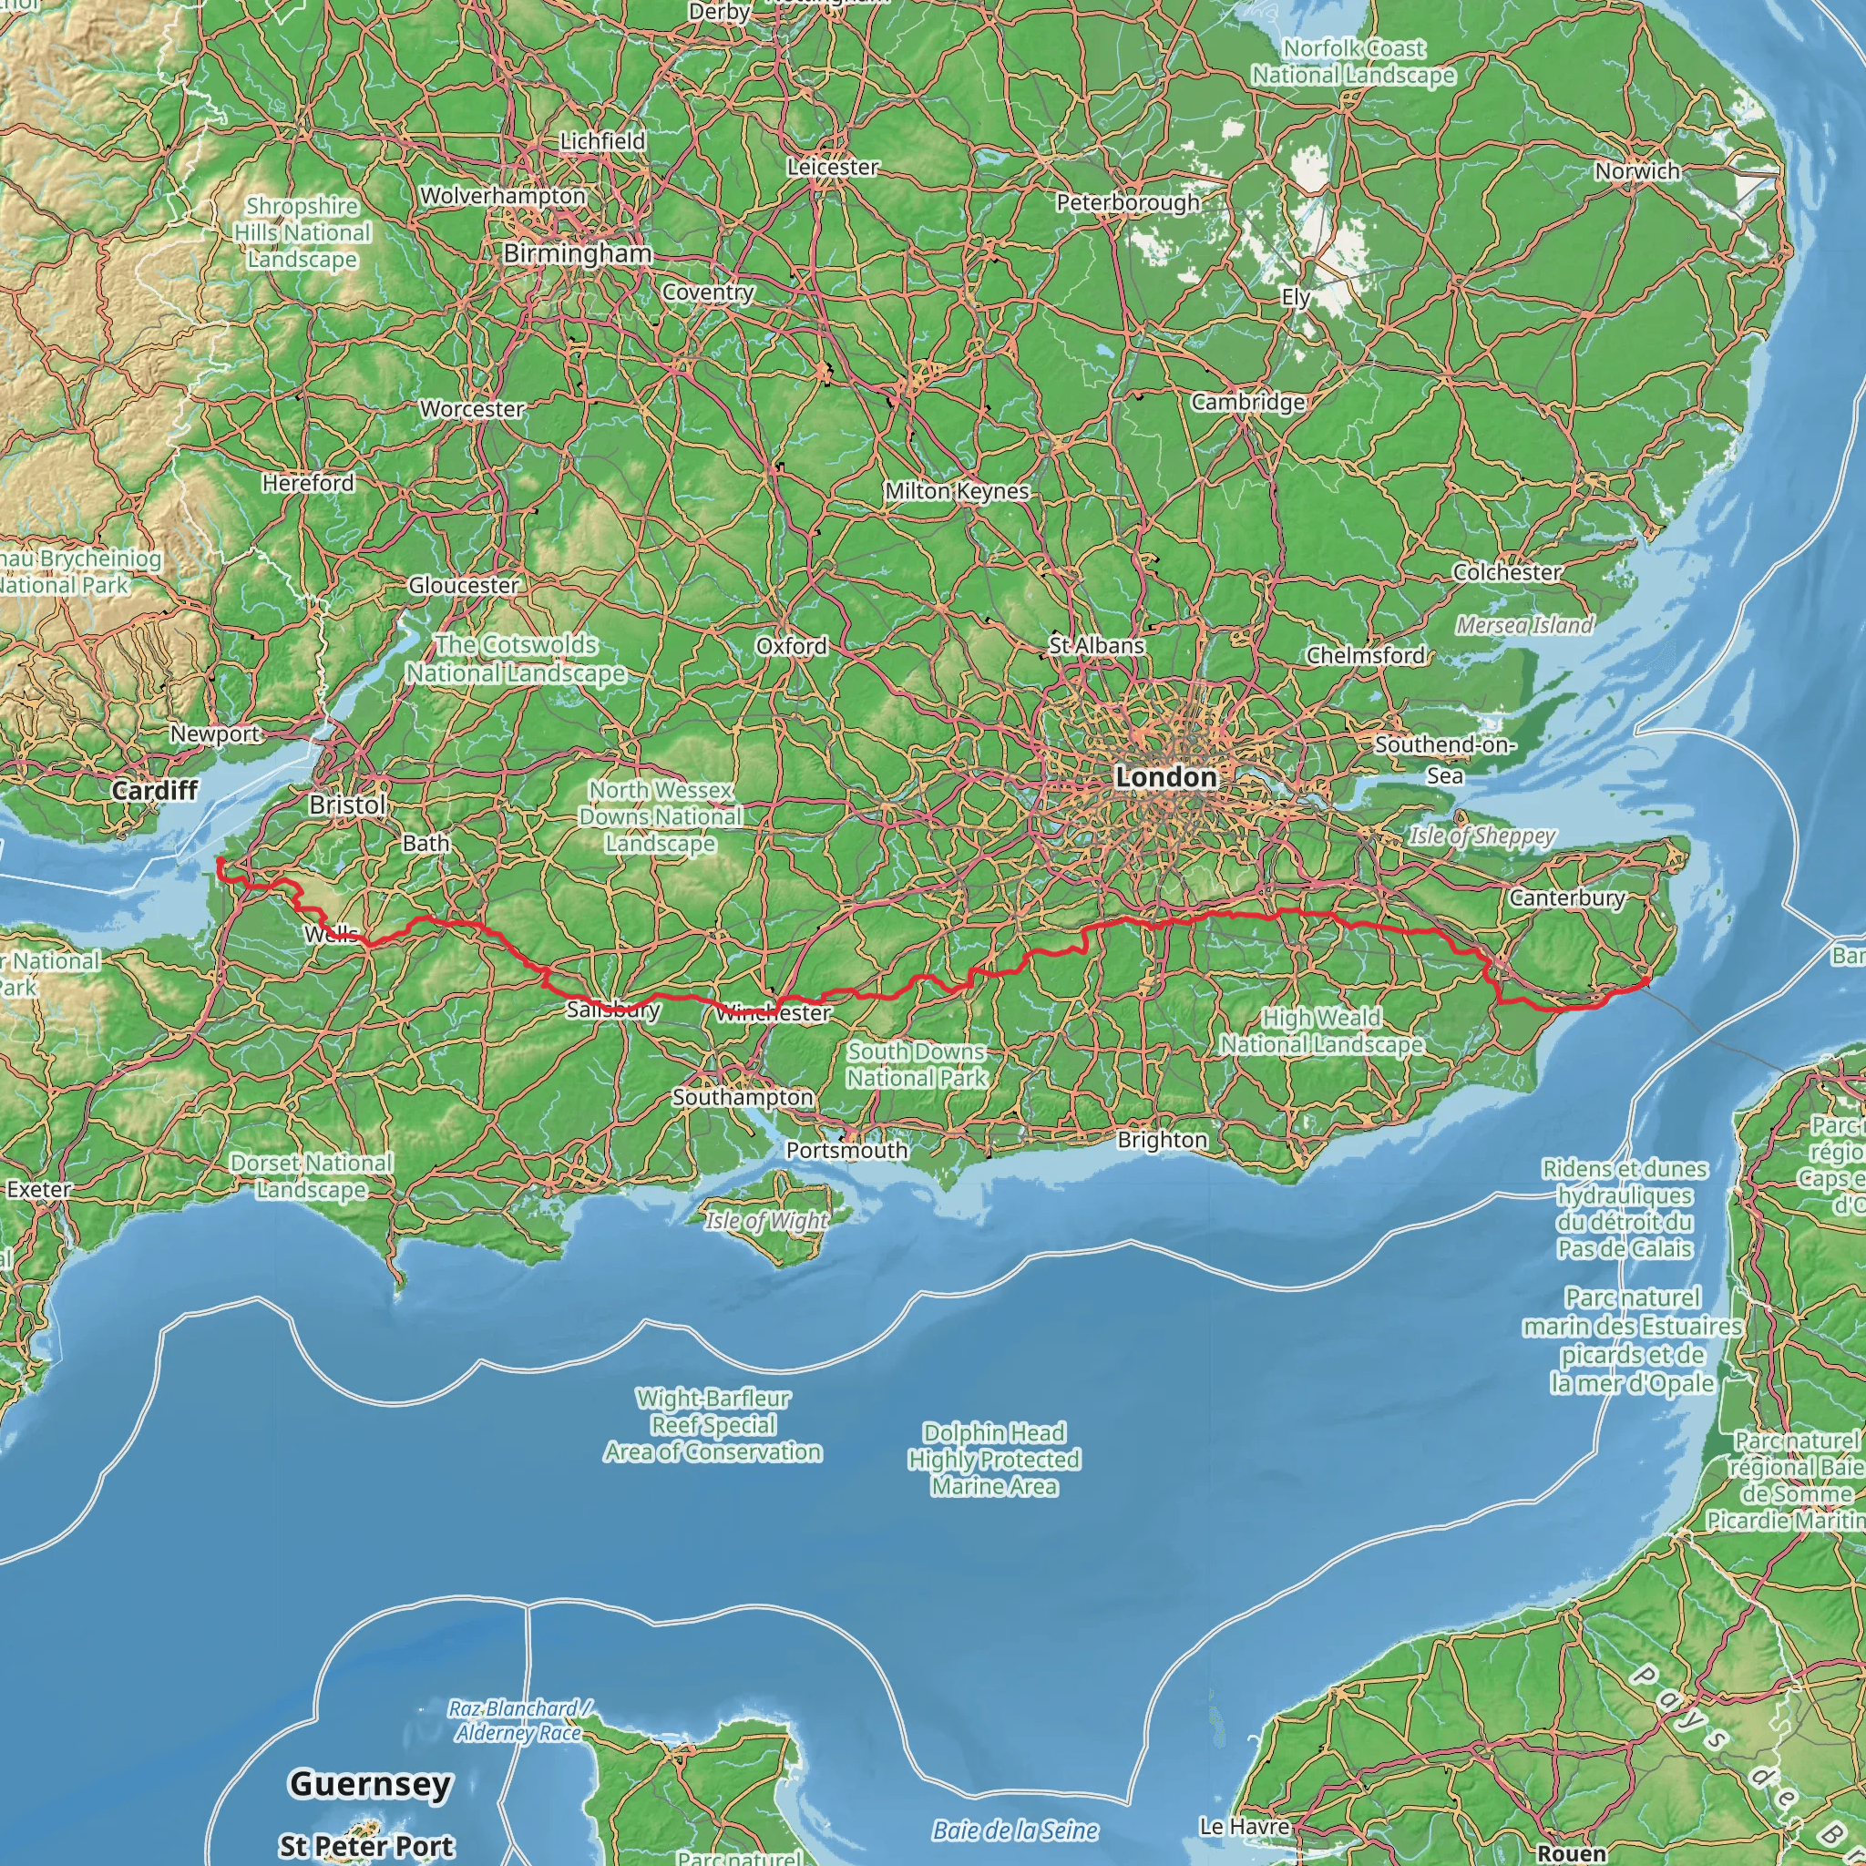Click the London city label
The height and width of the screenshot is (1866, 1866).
[1164, 776]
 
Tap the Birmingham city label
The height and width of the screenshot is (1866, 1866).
[578, 254]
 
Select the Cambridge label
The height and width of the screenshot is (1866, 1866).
[1248, 402]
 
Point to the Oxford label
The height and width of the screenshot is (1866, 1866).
[791, 646]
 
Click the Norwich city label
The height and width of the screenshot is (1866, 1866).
[1637, 171]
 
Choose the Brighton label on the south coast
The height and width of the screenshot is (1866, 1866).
[1162, 1140]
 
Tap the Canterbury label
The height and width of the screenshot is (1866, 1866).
[1566, 898]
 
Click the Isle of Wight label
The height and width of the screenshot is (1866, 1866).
[766, 1221]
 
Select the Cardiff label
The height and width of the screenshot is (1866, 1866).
[155, 790]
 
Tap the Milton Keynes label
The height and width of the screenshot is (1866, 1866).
[958, 491]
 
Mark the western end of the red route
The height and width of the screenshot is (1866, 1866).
[220, 860]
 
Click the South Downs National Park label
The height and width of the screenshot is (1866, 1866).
[917, 1064]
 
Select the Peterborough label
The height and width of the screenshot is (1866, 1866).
[1128, 203]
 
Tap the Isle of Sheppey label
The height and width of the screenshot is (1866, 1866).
[1482, 836]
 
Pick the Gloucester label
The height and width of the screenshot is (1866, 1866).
[464, 585]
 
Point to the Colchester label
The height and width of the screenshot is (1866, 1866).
[1507, 572]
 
